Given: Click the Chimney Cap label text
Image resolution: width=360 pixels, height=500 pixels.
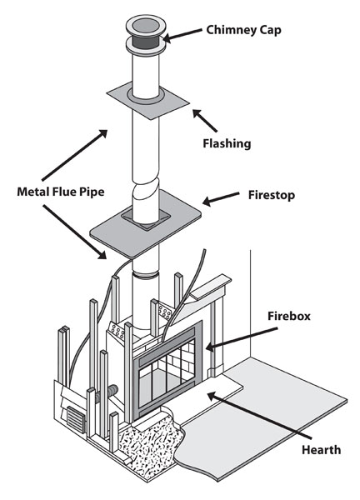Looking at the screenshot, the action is tap(243, 30).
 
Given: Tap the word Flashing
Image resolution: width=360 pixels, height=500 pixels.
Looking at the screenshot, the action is tap(227, 143).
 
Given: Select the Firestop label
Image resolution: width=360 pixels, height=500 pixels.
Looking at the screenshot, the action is tap(272, 195).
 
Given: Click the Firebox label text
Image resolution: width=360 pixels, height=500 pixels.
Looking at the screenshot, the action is tap(289, 316).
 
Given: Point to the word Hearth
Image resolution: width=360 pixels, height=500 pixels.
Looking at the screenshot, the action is tap(321, 450).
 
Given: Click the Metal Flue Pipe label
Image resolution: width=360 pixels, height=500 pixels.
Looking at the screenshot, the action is tap(61, 192).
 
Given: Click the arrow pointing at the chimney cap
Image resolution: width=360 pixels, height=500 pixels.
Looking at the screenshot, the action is tap(182, 35).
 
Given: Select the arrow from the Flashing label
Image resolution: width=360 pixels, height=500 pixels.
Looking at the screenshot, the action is tap(205, 121).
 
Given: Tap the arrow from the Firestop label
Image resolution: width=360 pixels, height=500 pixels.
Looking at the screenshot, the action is tap(221, 197).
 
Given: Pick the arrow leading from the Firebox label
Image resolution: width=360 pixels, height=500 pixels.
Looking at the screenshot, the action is tap(242, 338).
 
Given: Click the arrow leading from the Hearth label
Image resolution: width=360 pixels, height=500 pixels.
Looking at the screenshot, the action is tap(259, 416).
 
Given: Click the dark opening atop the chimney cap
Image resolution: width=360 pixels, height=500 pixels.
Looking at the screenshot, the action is tap(146, 25).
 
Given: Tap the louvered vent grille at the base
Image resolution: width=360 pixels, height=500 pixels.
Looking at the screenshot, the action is tap(76, 419).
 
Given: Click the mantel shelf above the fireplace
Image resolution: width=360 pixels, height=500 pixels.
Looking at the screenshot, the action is tap(211, 287).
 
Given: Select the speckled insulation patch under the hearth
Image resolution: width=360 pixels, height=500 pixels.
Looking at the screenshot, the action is tap(148, 443).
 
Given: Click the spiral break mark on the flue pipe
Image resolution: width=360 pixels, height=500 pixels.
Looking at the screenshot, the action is tap(145, 190).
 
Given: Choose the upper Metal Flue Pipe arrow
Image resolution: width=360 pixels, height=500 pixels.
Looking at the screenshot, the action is tap(75, 155).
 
